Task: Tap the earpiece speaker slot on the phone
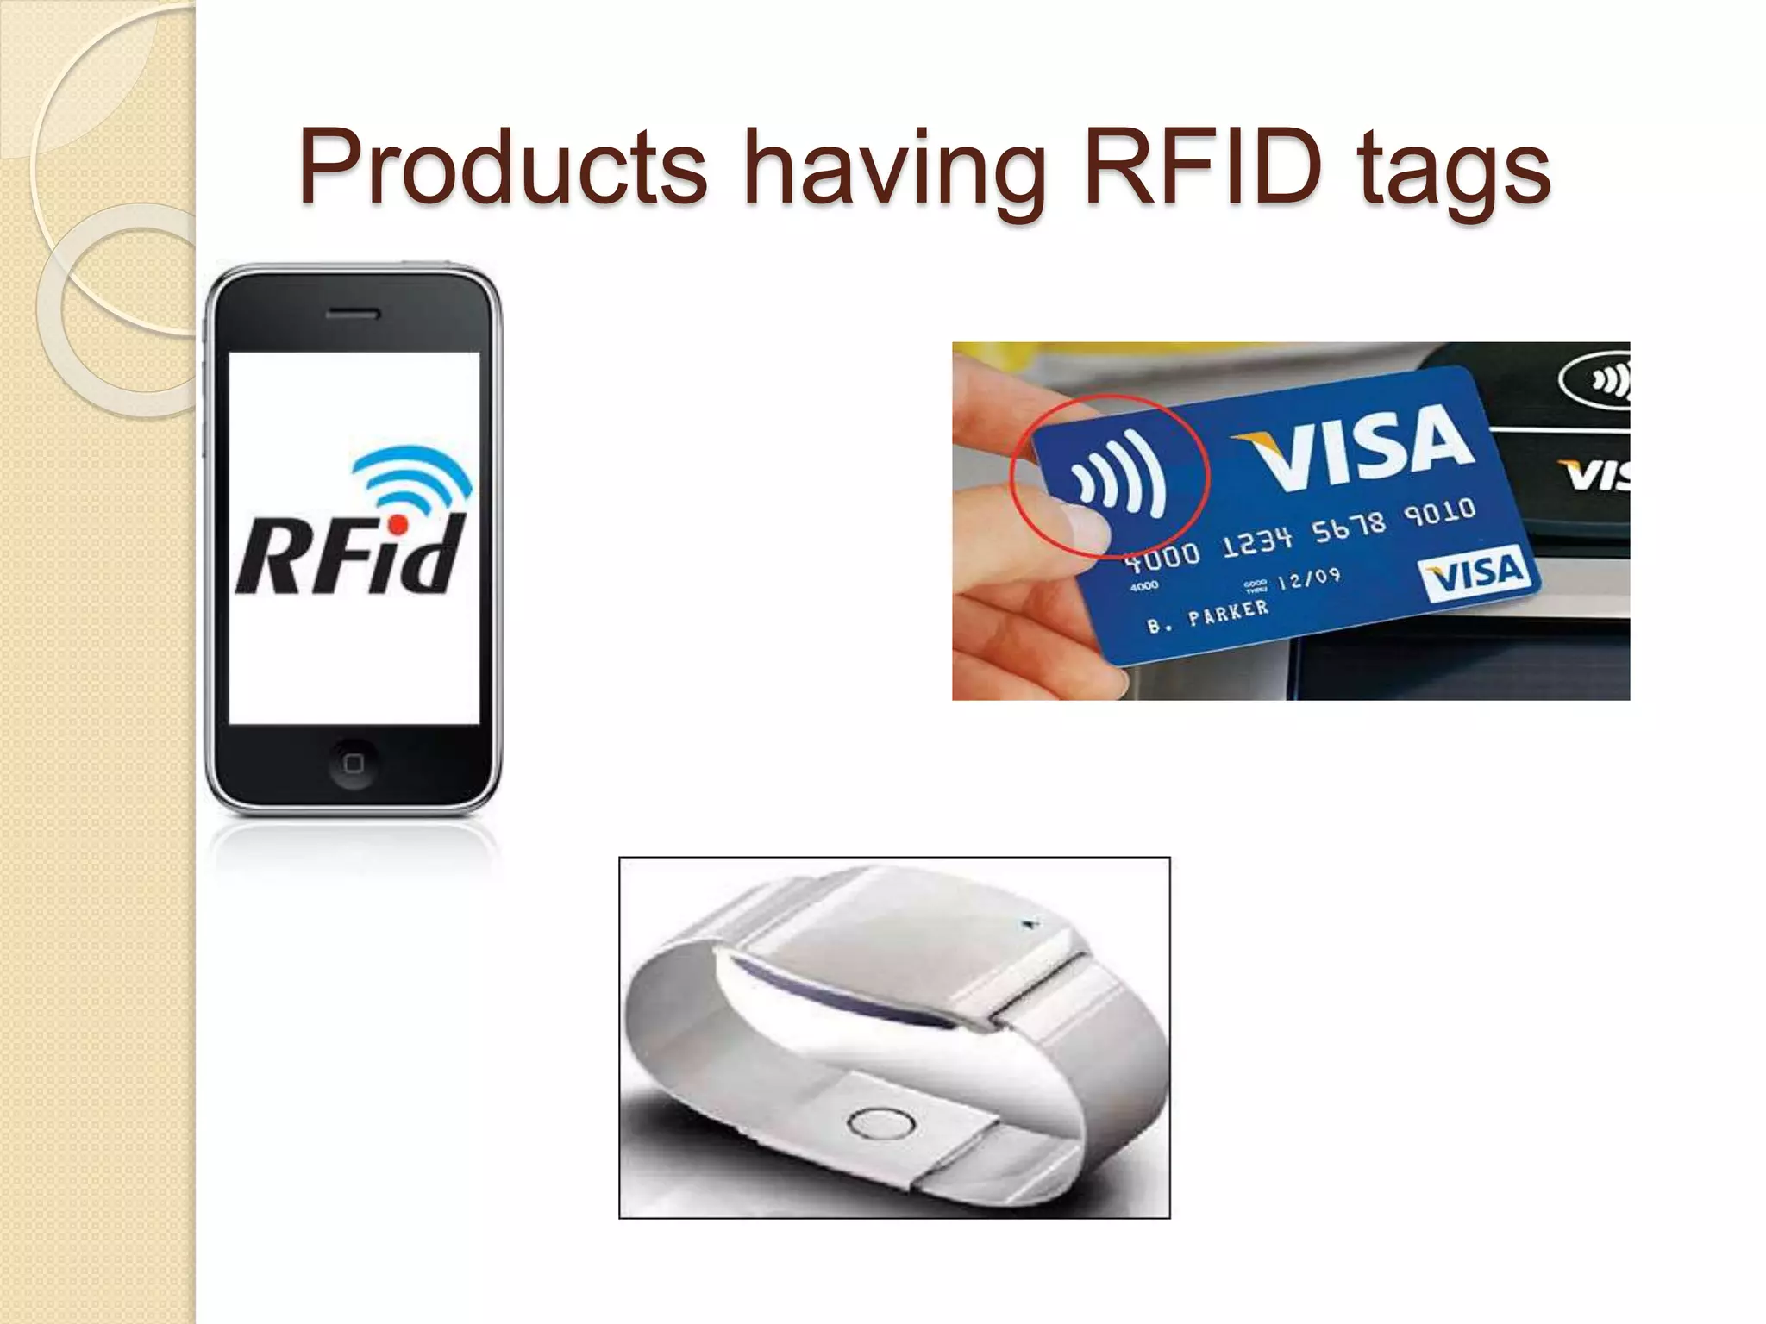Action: coord(353,314)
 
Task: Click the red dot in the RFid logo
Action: coord(398,524)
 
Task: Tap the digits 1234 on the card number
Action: coord(1257,540)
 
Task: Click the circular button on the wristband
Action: coord(880,1121)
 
